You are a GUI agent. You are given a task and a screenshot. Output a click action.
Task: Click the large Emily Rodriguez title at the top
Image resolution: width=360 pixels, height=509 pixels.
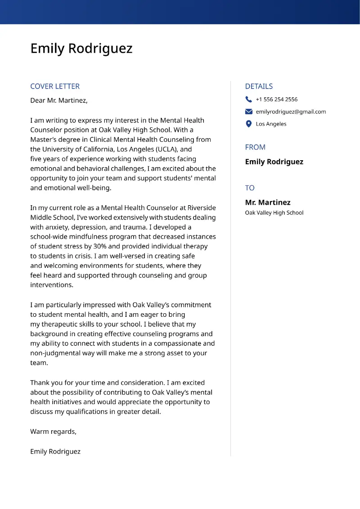point(81,49)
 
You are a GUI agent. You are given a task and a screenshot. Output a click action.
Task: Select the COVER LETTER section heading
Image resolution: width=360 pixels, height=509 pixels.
point(55,86)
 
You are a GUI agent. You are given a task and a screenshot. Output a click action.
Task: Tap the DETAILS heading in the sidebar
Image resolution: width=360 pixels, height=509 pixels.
point(259,86)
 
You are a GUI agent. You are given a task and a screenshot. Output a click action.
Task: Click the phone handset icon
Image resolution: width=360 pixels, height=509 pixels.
point(249,99)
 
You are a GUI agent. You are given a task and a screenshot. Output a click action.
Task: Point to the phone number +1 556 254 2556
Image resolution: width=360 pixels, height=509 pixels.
point(276,99)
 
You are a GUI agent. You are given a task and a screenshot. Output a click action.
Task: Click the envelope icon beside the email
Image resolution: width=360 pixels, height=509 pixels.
point(249,112)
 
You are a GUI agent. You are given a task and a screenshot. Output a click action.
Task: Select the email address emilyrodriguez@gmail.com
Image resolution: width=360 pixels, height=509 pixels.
point(291,112)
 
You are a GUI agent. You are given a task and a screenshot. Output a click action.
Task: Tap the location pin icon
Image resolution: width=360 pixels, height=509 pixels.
point(249,124)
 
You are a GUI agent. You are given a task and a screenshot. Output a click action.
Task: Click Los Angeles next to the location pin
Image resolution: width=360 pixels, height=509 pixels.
point(271,124)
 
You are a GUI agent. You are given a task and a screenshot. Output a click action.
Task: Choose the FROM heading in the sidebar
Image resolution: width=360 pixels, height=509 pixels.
point(255,147)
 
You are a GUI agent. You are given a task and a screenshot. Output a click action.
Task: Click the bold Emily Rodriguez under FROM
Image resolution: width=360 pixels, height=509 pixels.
point(274,162)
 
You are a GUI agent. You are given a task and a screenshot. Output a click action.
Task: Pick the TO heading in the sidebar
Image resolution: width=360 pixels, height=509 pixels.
point(250,188)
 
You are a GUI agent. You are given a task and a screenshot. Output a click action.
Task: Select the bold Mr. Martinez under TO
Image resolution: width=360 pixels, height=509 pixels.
point(268,203)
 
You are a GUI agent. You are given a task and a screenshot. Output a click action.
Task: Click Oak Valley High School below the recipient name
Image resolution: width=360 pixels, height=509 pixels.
point(274,213)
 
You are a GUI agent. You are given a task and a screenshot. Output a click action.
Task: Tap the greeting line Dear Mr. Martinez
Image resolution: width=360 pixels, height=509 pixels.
point(59,100)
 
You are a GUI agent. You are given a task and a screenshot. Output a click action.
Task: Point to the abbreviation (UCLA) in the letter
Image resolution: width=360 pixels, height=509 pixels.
point(167,149)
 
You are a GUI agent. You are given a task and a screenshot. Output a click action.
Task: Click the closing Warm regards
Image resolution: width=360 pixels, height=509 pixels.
point(53,432)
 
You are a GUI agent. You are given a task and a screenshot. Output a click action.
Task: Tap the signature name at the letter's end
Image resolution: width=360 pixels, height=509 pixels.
point(55,451)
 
